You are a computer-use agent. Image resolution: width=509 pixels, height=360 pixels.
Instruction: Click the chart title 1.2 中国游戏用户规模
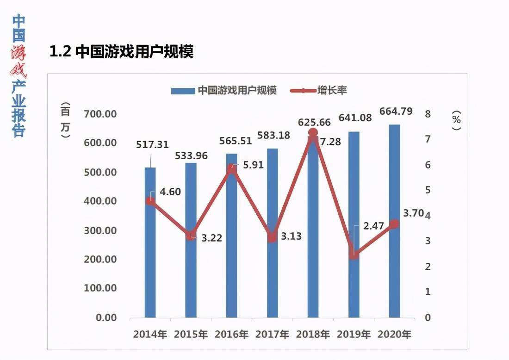pyautogui.click(x=121, y=51)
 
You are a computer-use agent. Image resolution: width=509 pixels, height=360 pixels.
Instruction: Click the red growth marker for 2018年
pyautogui.click(x=313, y=133)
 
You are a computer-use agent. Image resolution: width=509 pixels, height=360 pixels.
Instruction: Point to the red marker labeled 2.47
pyautogui.click(x=354, y=254)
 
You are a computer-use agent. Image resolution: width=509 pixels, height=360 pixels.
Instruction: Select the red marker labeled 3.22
pyautogui.click(x=191, y=236)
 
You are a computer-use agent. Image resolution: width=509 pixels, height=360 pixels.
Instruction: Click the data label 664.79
pyautogui.click(x=396, y=112)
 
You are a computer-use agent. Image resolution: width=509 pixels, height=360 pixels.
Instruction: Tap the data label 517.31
pyautogui.click(x=152, y=144)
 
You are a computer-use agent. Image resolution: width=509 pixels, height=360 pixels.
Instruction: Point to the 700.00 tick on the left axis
pyautogui.click(x=100, y=114)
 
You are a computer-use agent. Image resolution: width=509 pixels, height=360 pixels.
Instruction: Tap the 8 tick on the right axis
pyautogui.click(x=428, y=114)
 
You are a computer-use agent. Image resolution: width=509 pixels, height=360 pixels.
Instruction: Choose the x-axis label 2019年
pyautogui.click(x=354, y=334)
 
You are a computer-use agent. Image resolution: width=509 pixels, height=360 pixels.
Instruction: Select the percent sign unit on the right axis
pyautogui.click(x=457, y=119)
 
